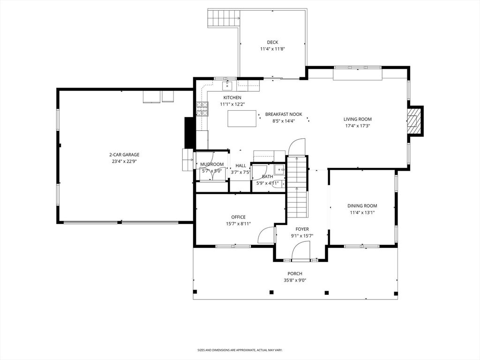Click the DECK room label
[272, 42]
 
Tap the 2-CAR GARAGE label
[124, 155]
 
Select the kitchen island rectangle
[242, 119]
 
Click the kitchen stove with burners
[202, 109]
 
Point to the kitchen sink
[227, 86]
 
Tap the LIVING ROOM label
[357, 119]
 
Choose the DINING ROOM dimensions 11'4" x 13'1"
[362, 212]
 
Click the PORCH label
[295, 274]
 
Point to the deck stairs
[224, 18]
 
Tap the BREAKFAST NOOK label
[284, 114]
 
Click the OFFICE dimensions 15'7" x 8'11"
[239, 224]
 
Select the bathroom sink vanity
[279, 169]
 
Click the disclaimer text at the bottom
[240, 350]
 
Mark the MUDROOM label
[212, 165]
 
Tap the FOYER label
[302, 229]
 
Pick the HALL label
[240, 165]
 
